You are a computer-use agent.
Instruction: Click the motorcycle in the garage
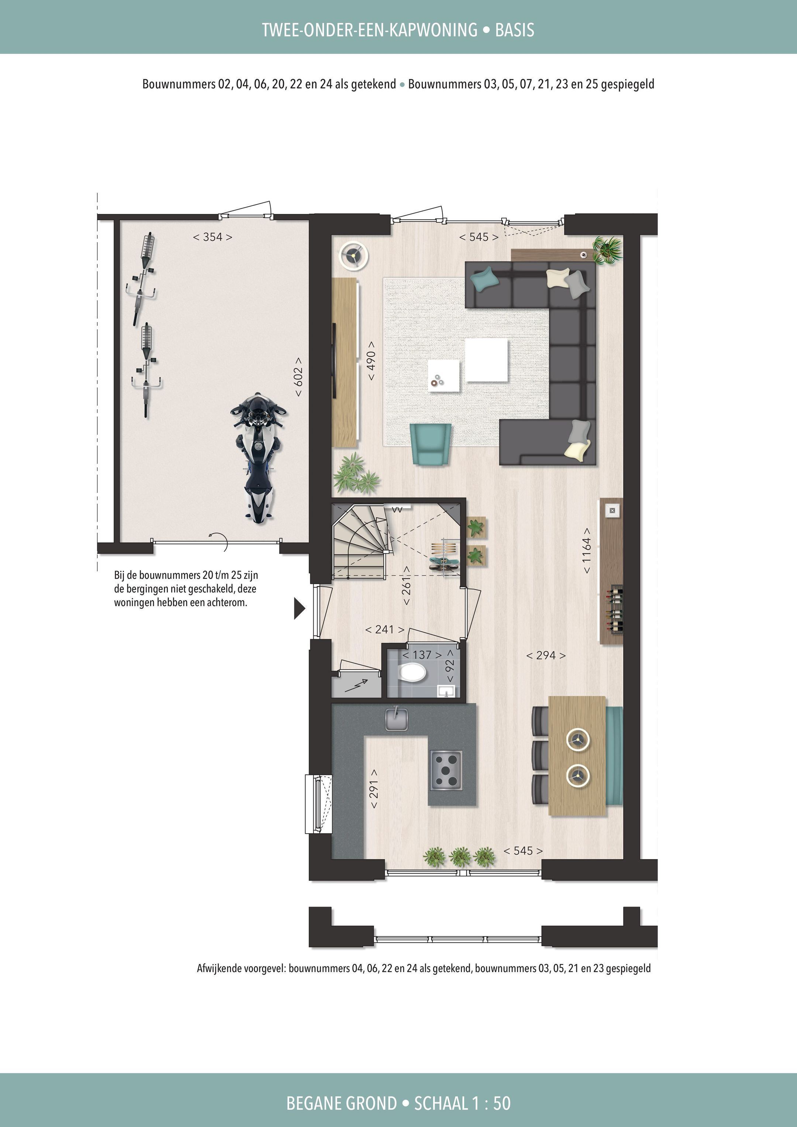click(257, 457)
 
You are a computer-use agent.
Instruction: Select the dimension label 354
click(213, 237)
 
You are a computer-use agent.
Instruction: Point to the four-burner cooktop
click(446, 770)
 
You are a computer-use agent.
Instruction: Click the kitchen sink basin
click(396, 720)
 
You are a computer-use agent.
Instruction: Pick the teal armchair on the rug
click(430, 443)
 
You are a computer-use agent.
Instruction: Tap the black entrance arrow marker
click(299, 609)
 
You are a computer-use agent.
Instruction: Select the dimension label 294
click(546, 655)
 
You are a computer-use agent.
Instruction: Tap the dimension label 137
click(422, 655)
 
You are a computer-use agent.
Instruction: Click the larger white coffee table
click(486, 360)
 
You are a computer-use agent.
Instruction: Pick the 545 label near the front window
click(523, 851)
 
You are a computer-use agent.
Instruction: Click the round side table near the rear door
click(354, 256)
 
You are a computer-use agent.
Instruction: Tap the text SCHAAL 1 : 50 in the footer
click(462, 1103)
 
